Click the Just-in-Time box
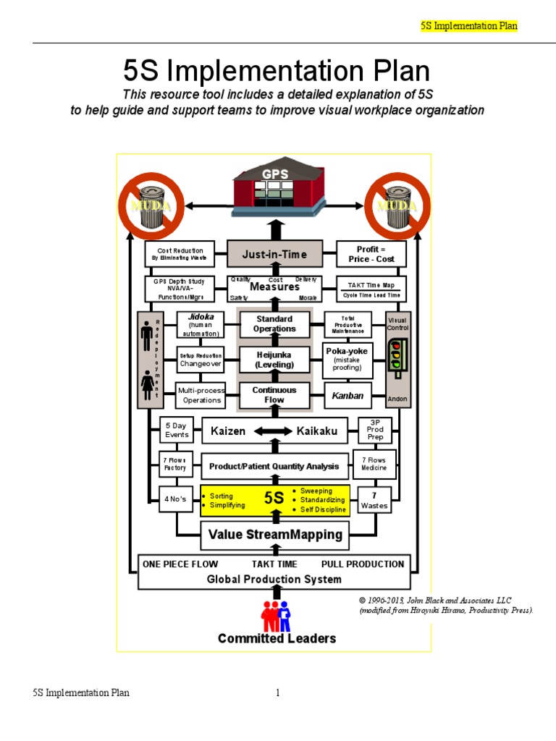pos(274,254)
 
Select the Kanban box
pos(347,396)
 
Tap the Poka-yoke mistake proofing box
pos(347,360)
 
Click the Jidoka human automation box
pos(201,324)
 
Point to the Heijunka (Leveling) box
pos(274,360)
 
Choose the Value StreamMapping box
pos(274,535)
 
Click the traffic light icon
pos(395,355)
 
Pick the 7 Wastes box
pos(374,500)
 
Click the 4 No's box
pos(174,500)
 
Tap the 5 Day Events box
pos(177,431)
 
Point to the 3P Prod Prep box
pos(375,431)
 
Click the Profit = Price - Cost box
pos(371,254)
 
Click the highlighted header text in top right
pos(469,26)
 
